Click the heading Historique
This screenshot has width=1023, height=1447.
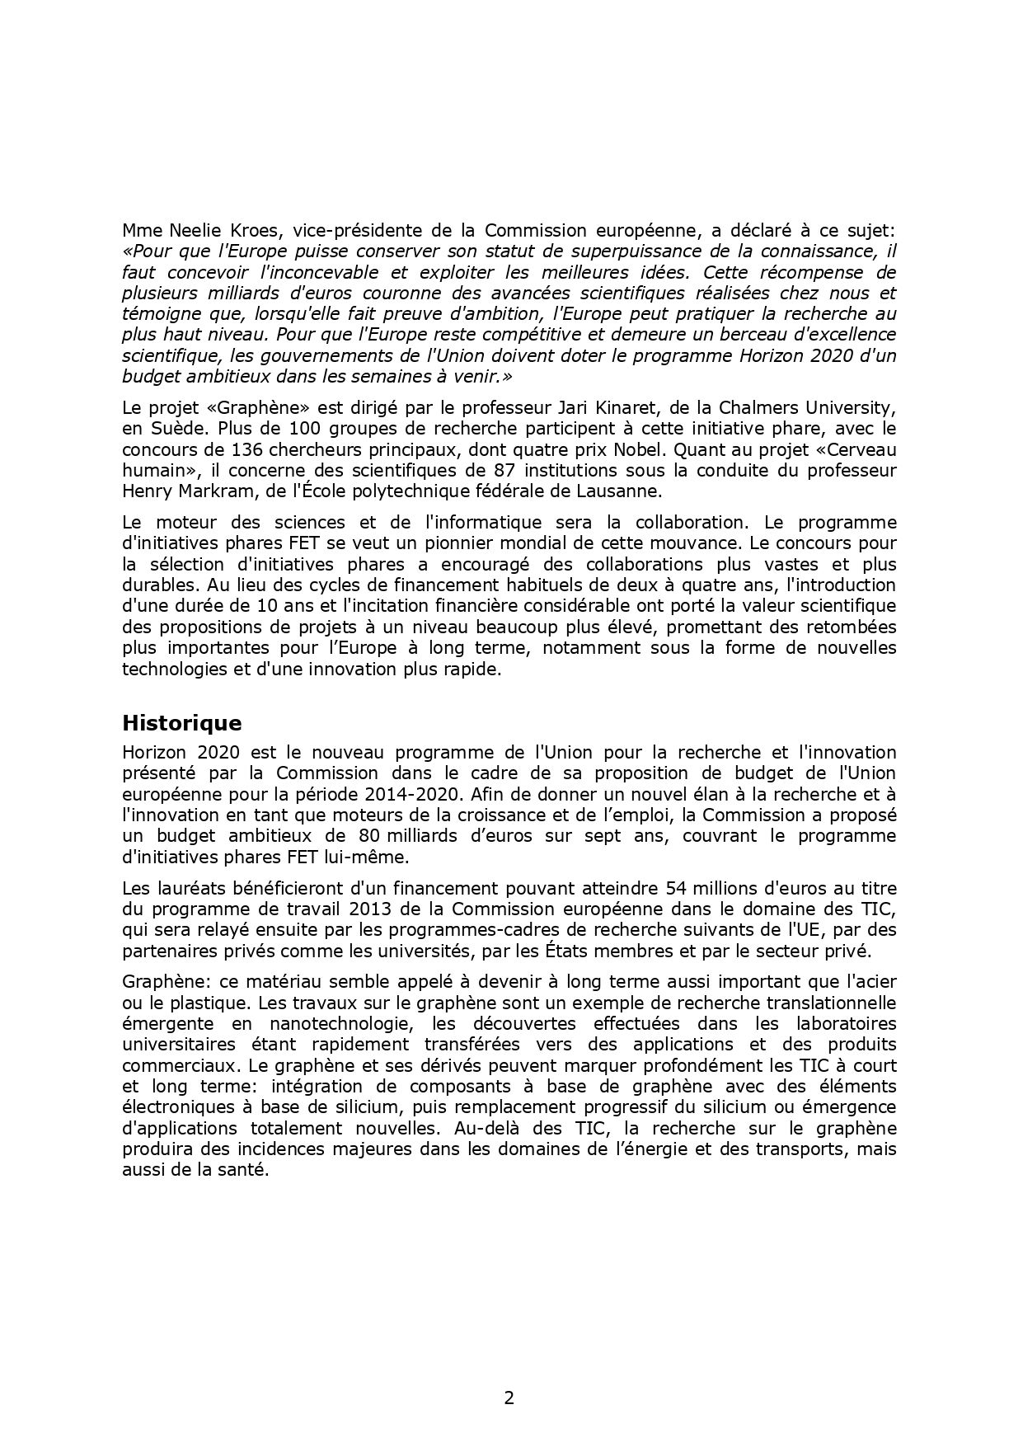[181, 723]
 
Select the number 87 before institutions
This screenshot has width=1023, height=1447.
[528, 470]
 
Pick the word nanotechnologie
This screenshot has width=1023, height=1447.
[337, 1023]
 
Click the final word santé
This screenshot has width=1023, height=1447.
[246, 1170]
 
